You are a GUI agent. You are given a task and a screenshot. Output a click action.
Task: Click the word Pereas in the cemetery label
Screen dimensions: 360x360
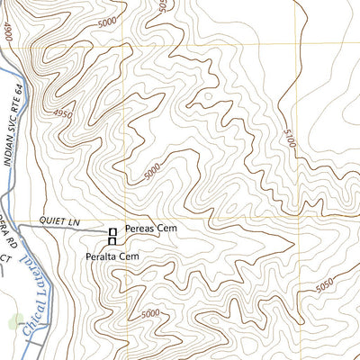click(141, 229)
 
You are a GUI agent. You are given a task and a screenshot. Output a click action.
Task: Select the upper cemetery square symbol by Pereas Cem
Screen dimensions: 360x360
click(112, 233)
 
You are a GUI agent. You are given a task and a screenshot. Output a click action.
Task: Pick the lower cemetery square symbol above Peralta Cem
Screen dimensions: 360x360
click(112, 241)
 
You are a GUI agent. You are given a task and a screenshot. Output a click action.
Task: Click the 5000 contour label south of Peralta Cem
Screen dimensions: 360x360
click(150, 312)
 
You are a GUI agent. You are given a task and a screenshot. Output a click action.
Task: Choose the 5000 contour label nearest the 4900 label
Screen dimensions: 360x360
click(108, 20)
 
